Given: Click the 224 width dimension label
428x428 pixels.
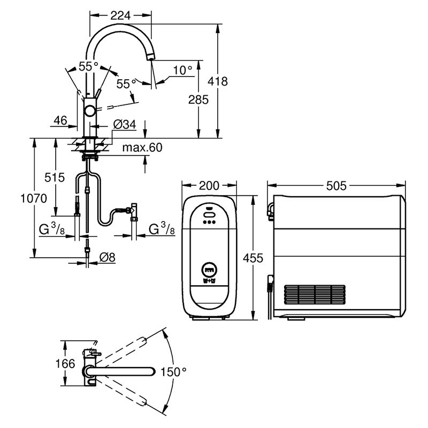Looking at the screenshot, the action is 120,16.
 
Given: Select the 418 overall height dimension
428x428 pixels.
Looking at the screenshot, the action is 218,81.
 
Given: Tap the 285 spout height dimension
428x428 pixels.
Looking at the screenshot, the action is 198,100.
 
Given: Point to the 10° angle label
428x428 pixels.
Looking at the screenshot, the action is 182,70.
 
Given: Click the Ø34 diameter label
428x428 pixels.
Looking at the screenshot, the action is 125,125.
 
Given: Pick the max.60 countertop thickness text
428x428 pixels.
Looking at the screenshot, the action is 142,148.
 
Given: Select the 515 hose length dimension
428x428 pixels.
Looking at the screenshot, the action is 55,178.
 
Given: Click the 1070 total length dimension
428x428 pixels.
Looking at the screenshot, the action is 34,198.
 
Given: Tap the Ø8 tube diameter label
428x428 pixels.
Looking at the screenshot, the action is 108,257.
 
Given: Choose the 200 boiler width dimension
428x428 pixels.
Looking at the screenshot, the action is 209,186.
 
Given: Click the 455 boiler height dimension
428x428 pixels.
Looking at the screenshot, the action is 253,258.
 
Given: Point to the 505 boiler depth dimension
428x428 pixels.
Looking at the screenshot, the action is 337,186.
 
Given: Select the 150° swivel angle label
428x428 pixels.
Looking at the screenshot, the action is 173,372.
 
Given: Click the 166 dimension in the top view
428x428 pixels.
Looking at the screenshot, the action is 65,364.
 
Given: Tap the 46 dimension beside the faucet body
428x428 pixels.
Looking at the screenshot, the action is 60,120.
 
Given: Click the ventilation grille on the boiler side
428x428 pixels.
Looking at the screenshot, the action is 315,295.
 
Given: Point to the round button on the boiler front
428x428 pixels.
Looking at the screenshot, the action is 209,270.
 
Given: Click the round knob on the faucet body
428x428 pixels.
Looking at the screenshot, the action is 90,111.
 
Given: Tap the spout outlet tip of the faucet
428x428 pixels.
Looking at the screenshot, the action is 150,57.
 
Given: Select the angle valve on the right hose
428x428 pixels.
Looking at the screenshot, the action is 134,211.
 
